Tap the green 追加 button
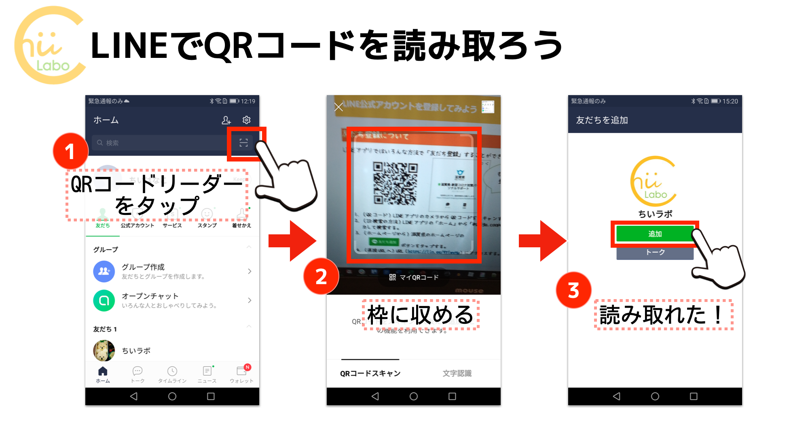(x=654, y=234)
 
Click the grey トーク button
(x=654, y=253)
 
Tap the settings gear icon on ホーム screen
(x=246, y=120)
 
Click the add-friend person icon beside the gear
(x=226, y=120)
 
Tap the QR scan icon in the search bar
(x=243, y=142)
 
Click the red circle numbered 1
(x=70, y=151)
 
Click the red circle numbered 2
(x=321, y=276)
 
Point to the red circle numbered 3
(x=573, y=290)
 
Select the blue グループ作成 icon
(x=104, y=271)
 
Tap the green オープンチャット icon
(x=104, y=300)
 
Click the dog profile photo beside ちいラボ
(x=104, y=351)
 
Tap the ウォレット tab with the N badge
(x=242, y=374)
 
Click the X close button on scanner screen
(x=338, y=107)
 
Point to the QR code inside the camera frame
(x=395, y=183)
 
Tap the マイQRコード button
(x=414, y=277)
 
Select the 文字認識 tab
(x=457, y=373)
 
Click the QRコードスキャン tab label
(x=370, y=373)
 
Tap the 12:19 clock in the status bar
(x=248, y=101)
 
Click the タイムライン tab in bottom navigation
(x=172, y=374)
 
